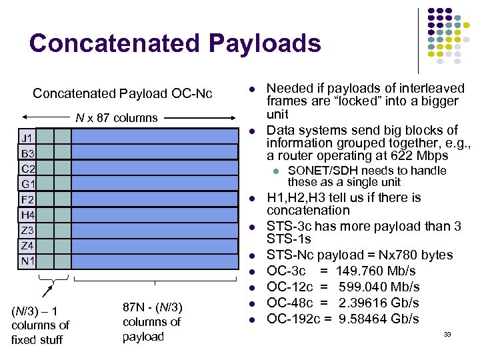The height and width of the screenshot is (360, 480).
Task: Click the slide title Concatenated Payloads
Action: (175, 43)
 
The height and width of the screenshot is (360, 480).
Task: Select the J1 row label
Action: (27, 137)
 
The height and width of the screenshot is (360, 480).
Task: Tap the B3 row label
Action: (27, 153)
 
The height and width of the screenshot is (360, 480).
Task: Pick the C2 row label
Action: (27, 169)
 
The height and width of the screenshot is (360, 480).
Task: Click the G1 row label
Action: (27, 183)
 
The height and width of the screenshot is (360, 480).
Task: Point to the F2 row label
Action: (27, 199)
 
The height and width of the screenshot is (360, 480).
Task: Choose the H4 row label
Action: (27, 215)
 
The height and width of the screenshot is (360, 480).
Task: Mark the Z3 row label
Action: (27, 230)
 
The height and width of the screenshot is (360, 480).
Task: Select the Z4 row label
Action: (27, 245)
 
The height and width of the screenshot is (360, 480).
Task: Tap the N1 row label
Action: (27, 260)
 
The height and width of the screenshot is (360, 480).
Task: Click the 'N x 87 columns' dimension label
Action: (116, 118)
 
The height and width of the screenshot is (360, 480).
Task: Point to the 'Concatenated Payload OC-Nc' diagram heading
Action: (122, 93)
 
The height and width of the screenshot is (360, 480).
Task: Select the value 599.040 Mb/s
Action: (379, 287)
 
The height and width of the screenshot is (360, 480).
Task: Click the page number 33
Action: (447, 334)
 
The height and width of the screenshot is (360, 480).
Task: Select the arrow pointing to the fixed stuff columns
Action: (48, 290)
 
